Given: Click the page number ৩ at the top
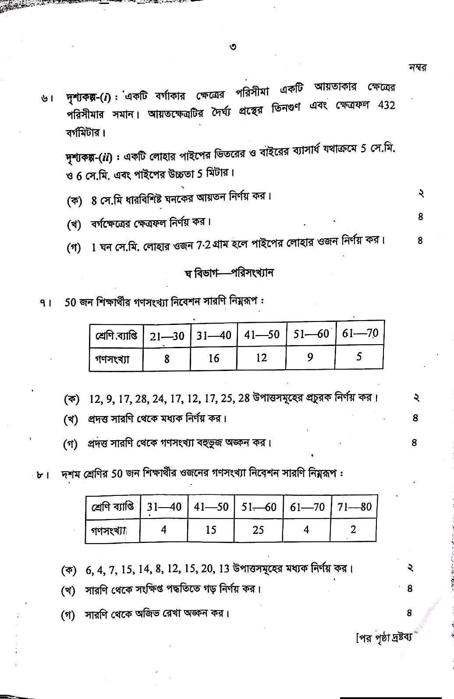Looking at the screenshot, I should (x=233, y=47).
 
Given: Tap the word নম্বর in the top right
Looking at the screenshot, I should (x=418, y=68).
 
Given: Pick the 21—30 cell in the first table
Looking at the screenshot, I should (x=167, y=336).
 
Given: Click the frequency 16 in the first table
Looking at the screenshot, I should (x=213, y=359).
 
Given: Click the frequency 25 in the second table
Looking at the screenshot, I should (x=258, y=530).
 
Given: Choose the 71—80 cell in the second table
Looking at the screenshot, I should (x=354, y=507).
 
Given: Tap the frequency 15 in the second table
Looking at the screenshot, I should (x=211, y=530).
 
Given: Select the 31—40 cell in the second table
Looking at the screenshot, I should (x=164, y=507).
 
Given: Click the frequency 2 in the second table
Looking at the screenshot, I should (x=353, y=529).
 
